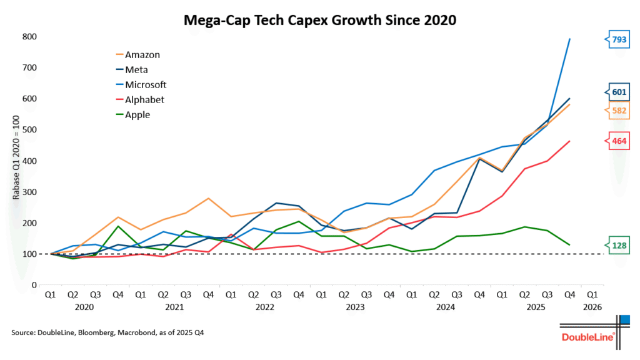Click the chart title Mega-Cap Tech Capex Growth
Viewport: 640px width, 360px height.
[x=320, y=21]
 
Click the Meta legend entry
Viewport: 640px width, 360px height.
[x=136, y=69]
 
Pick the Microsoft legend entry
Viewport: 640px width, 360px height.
[x=145, y=84]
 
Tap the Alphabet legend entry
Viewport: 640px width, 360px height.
[x=144, y=99]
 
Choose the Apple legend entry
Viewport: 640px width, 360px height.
[x=137, y=114]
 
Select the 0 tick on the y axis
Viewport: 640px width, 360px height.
[x=35, y=285]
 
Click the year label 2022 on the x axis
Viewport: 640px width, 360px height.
[x=265, y=307]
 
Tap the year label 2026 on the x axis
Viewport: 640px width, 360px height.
[x=592, y=307]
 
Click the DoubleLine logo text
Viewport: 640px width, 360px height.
[x=588, y=337]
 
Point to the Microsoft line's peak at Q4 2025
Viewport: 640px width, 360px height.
[x=569, y=39]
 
